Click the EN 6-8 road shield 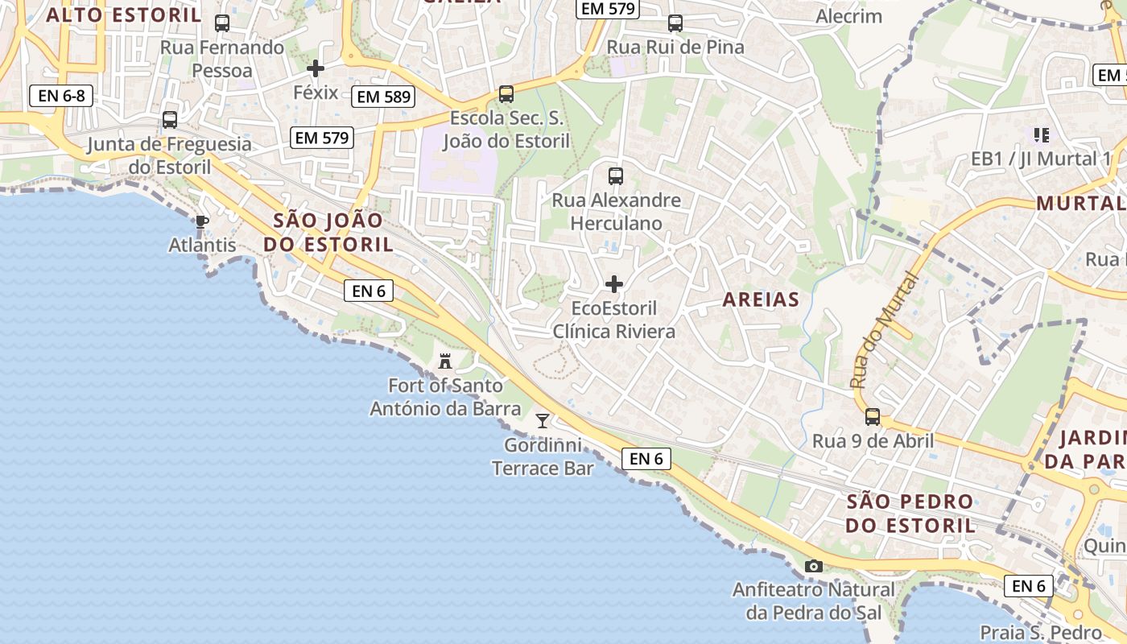[x=61, y=96]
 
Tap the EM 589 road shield [x=384, y=97]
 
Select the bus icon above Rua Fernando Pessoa [x=222, y=23]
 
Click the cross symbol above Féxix [x=316, y=68]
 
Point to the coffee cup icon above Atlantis [x=202, y=221]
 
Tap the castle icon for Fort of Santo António [x=445, y=361]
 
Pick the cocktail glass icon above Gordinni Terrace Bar [x=543, y=420]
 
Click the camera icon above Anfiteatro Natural [x=814, y=566]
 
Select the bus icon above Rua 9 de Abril [x=873, y=417]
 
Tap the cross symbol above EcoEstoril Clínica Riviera [x=614, y=284]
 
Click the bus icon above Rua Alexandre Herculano [x=616, y=175]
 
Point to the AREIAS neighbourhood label [x=761, y=299]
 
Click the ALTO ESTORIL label [x=124, y=14]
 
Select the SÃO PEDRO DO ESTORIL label [x=910, y=514]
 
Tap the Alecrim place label [x=848, y=16]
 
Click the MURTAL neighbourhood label [x=1080, y=203]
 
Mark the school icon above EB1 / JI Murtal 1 [x=1041, y=134]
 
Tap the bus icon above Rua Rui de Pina [x=675, y=23]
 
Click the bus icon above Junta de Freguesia [x=170, y=120]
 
